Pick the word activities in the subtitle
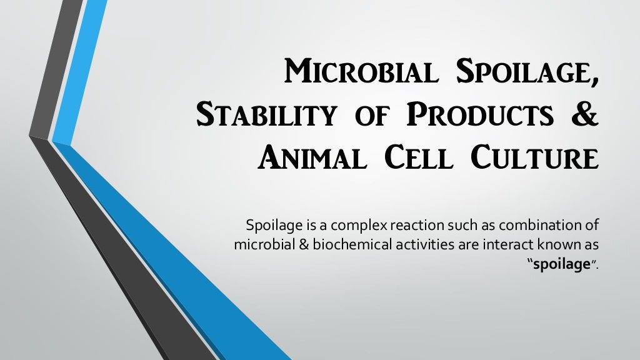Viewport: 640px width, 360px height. tap(414, 244)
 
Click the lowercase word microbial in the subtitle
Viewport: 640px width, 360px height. tap(256, 244)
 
